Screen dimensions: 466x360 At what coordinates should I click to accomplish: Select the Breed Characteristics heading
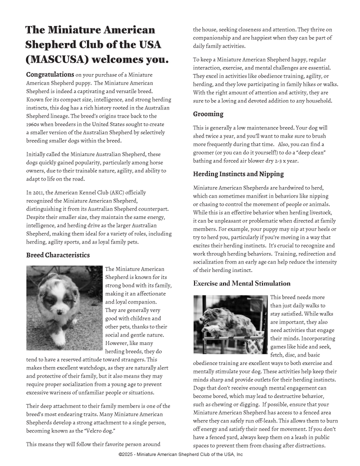pyautogui.click(x=58, y=255)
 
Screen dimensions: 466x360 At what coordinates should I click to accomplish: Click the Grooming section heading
pyautogui.click(x=208, y=114)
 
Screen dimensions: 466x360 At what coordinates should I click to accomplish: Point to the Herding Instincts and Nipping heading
pyautogui.click(x=238, y=174)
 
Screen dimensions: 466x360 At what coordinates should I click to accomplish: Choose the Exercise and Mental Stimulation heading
pyautogui.click(x=241, y=283)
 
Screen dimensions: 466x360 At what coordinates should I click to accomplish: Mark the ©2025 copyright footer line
pyautogui.click(x=180, y=454)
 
